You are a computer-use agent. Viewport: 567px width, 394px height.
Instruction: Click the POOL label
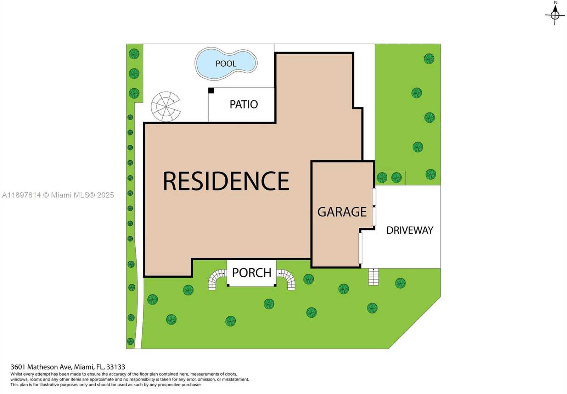[x=226, y=63]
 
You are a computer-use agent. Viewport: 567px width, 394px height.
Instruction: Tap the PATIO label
[x=243, y=104]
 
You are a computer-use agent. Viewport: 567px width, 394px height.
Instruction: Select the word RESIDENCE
[x=226, y=181]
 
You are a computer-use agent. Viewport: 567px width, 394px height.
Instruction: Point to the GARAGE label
[x=342, y=212]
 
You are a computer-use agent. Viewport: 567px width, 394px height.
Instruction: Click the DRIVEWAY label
[x=410, y=230]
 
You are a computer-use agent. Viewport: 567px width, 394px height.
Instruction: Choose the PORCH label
[x=252, y=273]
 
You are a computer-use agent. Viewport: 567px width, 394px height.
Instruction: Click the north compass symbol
[x=555, y=14]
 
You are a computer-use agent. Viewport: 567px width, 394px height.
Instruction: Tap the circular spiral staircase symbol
[x=165, y=106]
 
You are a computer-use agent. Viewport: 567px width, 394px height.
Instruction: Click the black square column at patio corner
[x=211, y=91]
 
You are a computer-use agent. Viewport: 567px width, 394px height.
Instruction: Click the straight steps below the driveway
[x=373, y=277]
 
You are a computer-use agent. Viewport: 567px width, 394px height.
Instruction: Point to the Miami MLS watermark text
[x=58, y=195]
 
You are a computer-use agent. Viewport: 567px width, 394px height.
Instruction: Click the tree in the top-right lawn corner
[x=429, y=59]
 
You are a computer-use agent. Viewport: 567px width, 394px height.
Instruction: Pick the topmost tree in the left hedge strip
[x=134, y=54]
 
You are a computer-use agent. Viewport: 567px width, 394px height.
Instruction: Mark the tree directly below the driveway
[x=400, y=283]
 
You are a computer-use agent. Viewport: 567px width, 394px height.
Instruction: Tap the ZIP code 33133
[x=116, y=367]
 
